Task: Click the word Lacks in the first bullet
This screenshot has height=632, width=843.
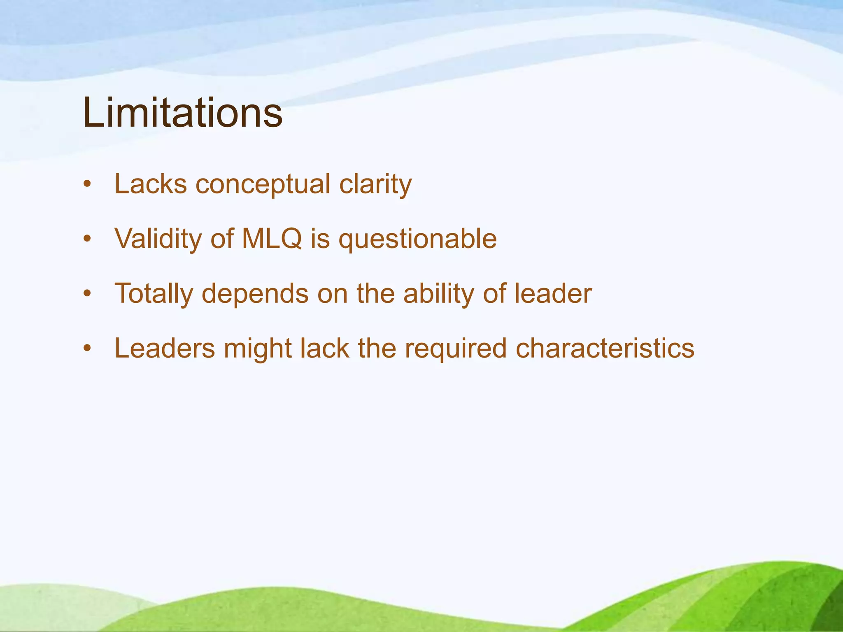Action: (x=151, y=184)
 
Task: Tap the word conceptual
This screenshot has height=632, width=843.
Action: (x=263, y=185)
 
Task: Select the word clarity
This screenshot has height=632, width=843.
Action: (x=375, y=185)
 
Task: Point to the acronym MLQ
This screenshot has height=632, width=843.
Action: (x=272, y=238)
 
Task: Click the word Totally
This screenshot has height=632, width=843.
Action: (x=154, y=294)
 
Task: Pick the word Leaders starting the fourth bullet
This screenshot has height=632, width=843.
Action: (x=165, y=348)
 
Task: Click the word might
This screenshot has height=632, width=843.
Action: (x=258, y=349)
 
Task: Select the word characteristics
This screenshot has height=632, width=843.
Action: (x=605, y=348)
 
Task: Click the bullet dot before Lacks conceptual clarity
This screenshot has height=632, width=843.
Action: (x=86, y=184)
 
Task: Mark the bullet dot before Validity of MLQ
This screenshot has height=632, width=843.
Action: (x=86, y=239)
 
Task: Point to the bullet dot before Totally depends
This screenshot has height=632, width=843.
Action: (x=86, y=294)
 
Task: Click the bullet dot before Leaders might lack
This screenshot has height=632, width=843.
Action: (x=86, y=349)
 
